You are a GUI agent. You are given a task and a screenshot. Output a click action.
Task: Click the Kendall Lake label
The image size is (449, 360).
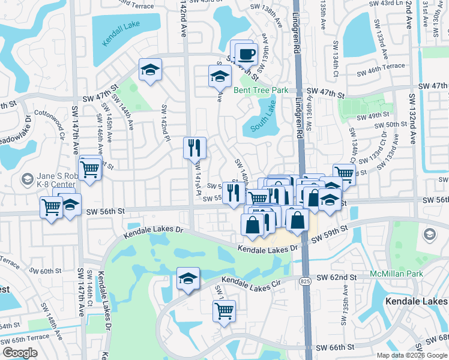pyautogui.click(x=126, y=28)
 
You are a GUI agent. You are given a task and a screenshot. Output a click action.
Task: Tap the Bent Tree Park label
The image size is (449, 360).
pyautogui.click(x=261, y=90)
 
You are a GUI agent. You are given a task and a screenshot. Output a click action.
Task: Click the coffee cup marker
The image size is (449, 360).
pyautogui.click(x=246, y=54)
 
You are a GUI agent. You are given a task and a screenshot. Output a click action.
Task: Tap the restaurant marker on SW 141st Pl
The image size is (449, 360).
pyautogui.click(x=194, y=148)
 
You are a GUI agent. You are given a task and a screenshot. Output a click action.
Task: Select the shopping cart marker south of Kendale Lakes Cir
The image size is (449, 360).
pyautogui.click(x=224, y=311)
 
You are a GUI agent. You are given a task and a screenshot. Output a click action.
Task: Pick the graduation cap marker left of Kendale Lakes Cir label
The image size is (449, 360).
pyautogui.click(x=188, y=279)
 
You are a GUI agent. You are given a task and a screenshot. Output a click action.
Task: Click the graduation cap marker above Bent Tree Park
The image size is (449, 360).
pyautogui.click(x=220, y=76)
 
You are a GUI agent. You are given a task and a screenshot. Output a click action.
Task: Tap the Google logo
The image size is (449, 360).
pyautogui.click(x=20, y=353)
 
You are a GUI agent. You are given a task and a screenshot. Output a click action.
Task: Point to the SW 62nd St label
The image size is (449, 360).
pyautogui.click(x=337, y=277)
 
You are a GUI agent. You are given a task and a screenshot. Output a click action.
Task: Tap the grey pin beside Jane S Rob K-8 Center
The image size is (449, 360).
pyautogui.click(x=27, y=179)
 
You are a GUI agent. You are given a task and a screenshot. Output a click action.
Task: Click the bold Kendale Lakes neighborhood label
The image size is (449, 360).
pyautogui.click(x=416, y=300)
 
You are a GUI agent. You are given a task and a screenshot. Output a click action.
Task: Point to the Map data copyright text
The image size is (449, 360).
pyautogui.click(x=411, y=355)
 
